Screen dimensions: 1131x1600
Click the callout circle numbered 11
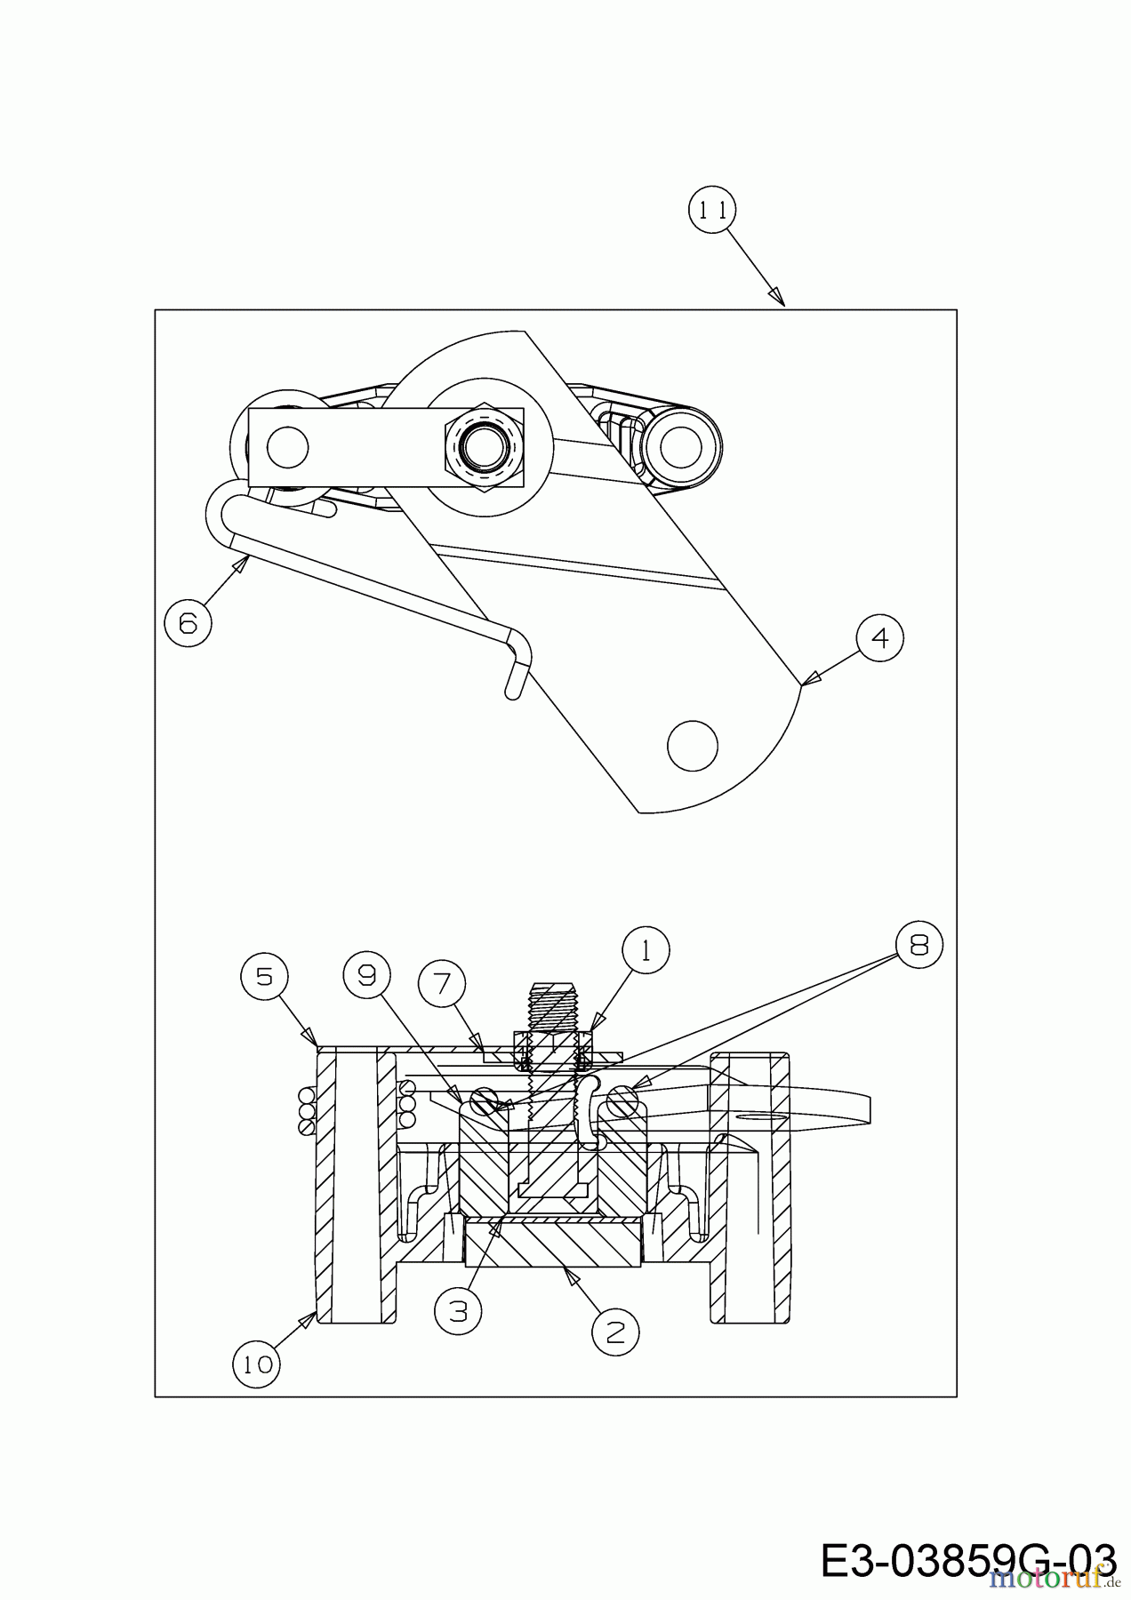[712, 210]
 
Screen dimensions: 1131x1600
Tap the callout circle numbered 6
[188, 622]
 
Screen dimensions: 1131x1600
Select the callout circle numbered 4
[879, 638]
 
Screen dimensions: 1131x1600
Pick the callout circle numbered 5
[263, 976]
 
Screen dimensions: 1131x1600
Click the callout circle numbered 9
[366, 976]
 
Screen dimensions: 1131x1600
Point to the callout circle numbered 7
[442, 983]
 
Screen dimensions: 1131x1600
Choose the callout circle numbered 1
[645, 950]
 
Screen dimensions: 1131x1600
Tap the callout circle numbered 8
[918, 945]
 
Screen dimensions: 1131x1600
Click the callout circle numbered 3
[458, 1311]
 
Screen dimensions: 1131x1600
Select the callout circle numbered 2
[615, 1331]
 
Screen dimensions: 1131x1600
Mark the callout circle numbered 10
[257, 1364]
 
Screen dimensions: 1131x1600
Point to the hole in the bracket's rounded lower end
[693, 745]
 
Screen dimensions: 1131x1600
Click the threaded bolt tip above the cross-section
[553, 1005]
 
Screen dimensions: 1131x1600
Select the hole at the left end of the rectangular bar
[287, 446]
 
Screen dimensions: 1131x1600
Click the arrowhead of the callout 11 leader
[778, 297]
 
